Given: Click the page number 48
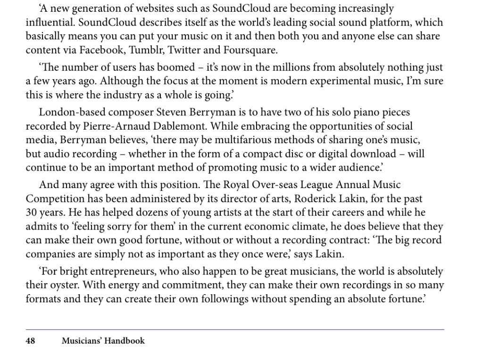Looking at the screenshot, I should [31, 340].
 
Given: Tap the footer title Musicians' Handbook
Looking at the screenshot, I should [103, 340].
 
